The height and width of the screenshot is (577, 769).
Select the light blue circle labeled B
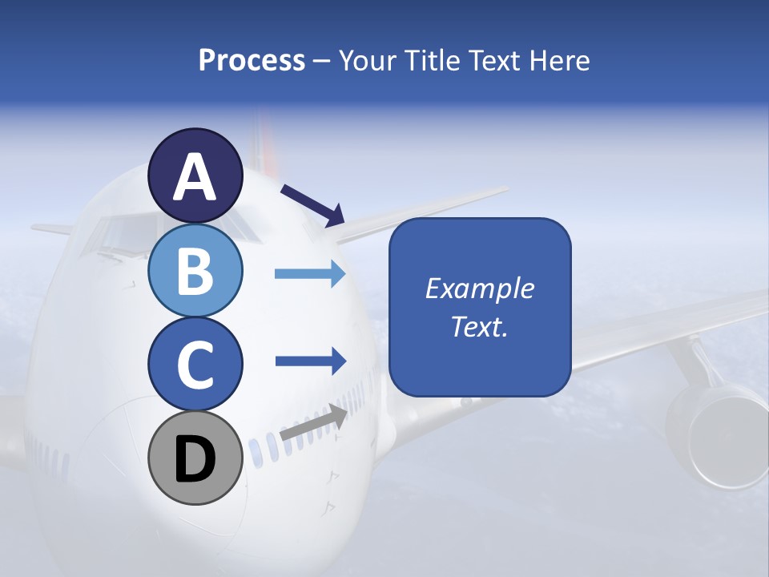tap(195, 271)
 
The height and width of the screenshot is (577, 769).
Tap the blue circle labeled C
tap(195, 365)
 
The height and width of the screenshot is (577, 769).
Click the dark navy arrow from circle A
tap(312, 205)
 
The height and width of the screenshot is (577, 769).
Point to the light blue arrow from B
tap(310, 274)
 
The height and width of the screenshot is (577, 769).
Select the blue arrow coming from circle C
tap(311, 361)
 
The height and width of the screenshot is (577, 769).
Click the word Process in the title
tap(252, 61)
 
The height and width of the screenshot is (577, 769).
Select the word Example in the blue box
tap(479, 288)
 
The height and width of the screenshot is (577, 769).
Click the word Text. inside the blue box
tap(479, 327)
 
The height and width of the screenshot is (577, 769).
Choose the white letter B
tap(195, 271)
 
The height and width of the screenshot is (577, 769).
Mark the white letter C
tap(195, 365)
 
